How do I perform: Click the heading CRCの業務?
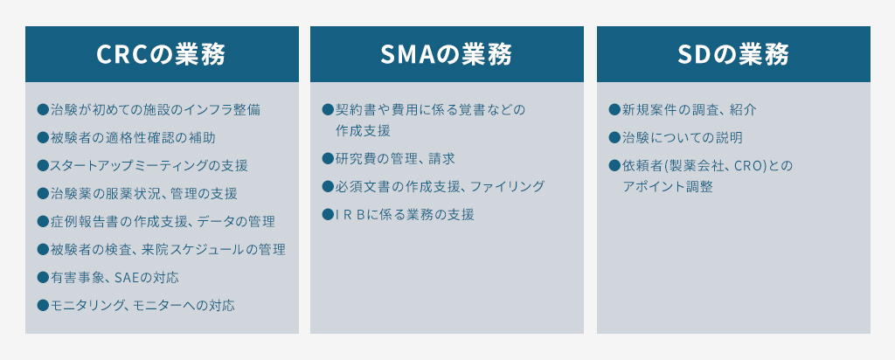[162, 54]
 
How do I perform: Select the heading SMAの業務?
[447, 54]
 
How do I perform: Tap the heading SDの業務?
[733, 54]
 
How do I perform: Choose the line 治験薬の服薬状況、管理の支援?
[143, 193]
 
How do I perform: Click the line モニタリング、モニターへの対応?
[142, 305]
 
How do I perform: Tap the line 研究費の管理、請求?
[394, 158]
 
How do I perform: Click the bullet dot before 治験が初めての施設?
[42, 109]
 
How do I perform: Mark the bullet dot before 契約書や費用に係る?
[328, 109]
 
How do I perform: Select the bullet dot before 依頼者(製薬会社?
[614, 165]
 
